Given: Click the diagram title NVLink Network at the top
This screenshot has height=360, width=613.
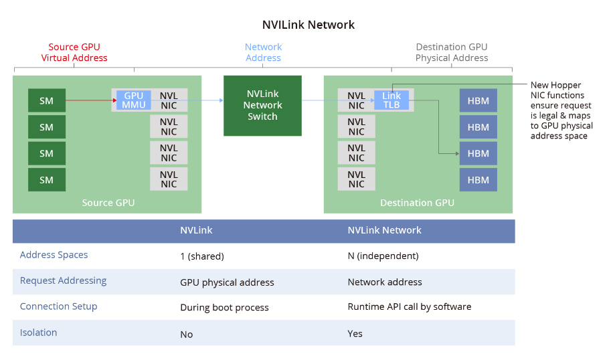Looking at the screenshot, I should (x=308, y=25).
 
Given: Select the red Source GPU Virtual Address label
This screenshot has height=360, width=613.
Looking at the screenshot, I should (x=74, y=52).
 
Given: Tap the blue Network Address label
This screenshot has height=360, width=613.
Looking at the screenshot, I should (x=263, y=52).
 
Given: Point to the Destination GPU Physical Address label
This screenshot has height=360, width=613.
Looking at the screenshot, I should (x=451, y=52).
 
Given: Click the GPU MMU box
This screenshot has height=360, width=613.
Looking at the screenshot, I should (x=134, y=100).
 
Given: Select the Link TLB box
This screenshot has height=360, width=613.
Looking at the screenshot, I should (x=391, y=100).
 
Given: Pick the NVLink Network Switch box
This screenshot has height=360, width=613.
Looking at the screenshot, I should (x=262, y=105).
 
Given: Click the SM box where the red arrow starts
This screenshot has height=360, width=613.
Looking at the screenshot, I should (x=46, y=101).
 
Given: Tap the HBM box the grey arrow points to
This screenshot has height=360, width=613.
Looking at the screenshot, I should (x=478, y=153).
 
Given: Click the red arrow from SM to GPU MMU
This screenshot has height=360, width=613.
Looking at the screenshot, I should (x=90, y=101).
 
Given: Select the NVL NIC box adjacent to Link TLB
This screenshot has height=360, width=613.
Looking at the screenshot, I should (x=356, y=100).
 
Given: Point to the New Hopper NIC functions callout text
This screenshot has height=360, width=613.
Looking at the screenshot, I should (x=561, y=110).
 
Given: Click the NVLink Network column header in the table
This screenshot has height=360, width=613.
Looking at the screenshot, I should (x=384, y=230).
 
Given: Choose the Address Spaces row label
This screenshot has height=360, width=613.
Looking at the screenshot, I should (x=54, y=255).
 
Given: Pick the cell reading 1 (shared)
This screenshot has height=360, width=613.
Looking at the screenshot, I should (x=202, y=256).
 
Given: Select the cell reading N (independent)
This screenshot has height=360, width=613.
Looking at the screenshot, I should (x=383, y=256).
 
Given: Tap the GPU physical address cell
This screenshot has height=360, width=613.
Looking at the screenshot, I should (x=227, y=282).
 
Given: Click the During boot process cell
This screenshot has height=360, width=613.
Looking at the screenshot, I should (x=224, y=308).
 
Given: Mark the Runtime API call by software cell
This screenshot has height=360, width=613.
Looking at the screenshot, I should (x=409, y=307).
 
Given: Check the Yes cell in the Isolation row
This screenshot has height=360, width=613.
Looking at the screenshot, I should (x=355, y=333).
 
